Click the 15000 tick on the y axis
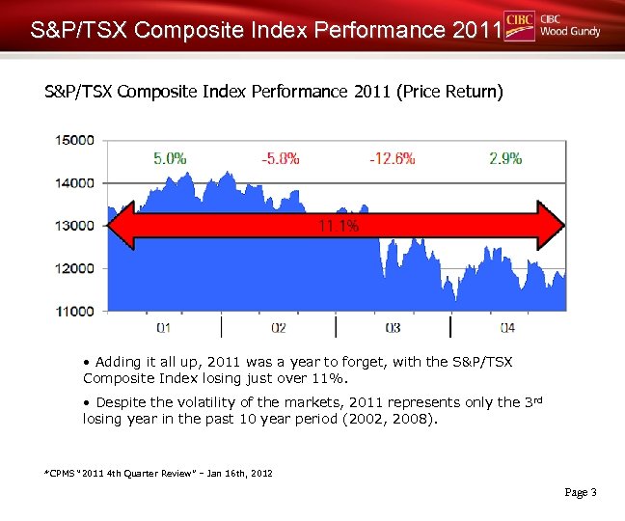click(x=74, y=140)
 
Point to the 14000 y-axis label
click(x=74, y=182)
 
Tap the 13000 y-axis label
click(x=74, y=226)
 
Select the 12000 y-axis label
click(x=74, y=268)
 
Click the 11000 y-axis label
click(x=74, y=311)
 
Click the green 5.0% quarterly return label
click(x=170, y=158)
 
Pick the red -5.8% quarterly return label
click(x=281, y=158)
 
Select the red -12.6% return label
click(x=392, y=158)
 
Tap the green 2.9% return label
click(x=505, y=158)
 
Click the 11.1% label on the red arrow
click(x=338, y=226)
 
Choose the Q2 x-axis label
click(x=278, y=328)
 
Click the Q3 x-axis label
click(x=393, y=328)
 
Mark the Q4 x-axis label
click(x=507, y=328)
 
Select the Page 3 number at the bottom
click(x=581, y=492)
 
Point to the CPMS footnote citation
click(x=158, y=474)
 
